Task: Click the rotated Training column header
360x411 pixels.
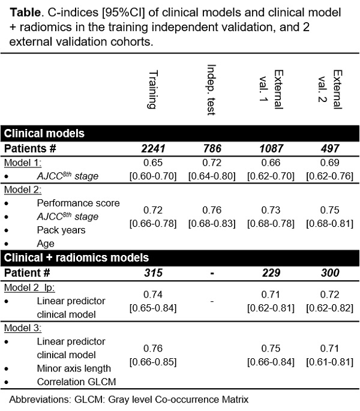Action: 153,89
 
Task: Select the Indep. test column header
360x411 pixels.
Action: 211,89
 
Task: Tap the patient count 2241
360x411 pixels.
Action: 153,149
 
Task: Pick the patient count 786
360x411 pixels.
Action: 212,149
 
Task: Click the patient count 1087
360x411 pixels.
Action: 271,149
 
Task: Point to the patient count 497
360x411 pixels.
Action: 330,149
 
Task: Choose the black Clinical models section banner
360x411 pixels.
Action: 180,133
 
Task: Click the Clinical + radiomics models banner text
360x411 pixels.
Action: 76,257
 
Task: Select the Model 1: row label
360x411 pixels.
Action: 23,163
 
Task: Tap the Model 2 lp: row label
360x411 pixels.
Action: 29,288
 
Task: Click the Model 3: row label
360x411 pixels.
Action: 23,328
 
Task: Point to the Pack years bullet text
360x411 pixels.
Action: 61,230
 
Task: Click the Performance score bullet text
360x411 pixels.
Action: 78,203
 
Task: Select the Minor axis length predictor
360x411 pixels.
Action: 74,368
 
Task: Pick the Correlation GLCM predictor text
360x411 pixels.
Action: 76,382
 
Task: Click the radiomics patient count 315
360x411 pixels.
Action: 153,273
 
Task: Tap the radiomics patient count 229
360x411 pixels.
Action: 271,273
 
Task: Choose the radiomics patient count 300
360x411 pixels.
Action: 330,273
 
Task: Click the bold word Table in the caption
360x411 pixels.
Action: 25,13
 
